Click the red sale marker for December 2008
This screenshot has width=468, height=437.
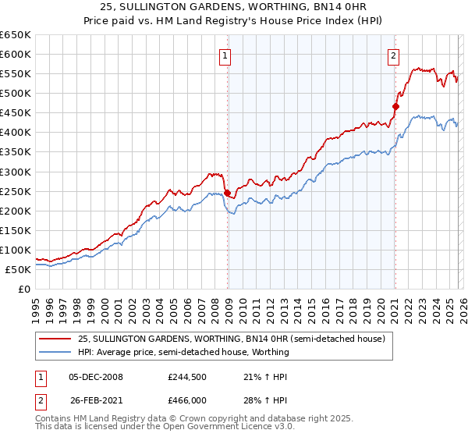pos(227,193)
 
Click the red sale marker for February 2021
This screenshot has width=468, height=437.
pos(395,106)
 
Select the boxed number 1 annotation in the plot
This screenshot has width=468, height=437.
pos(225,55)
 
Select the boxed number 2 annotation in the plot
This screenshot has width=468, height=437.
pos(393,55)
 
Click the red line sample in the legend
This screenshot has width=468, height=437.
pos(55,339)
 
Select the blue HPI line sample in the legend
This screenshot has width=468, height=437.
pos(55,352)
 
